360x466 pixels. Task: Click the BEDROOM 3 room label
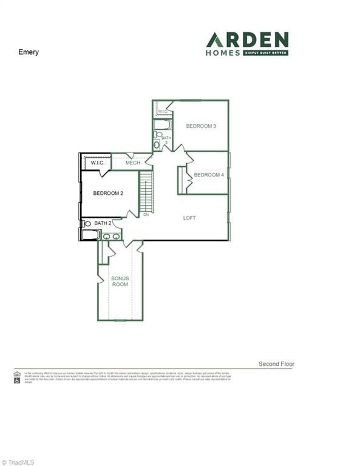(201, 126)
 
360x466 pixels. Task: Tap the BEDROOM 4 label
(209, 175)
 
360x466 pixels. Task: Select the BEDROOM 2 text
(108, 194)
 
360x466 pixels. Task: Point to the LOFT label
(189, 218)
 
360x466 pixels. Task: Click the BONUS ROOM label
(120, 282)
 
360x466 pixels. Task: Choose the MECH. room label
(134, 163)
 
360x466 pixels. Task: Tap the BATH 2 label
(103, 223)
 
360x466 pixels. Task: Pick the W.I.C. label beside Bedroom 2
(98, 163)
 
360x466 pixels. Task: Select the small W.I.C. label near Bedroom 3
(163, 112)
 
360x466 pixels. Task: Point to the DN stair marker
(146, 214)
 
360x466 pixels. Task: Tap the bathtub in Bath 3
(161, 126)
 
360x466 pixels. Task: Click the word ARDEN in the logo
(247, 40)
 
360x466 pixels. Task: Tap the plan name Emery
(29, 52)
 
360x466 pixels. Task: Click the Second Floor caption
(276, 364)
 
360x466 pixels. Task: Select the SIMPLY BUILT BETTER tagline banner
(266, 53)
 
